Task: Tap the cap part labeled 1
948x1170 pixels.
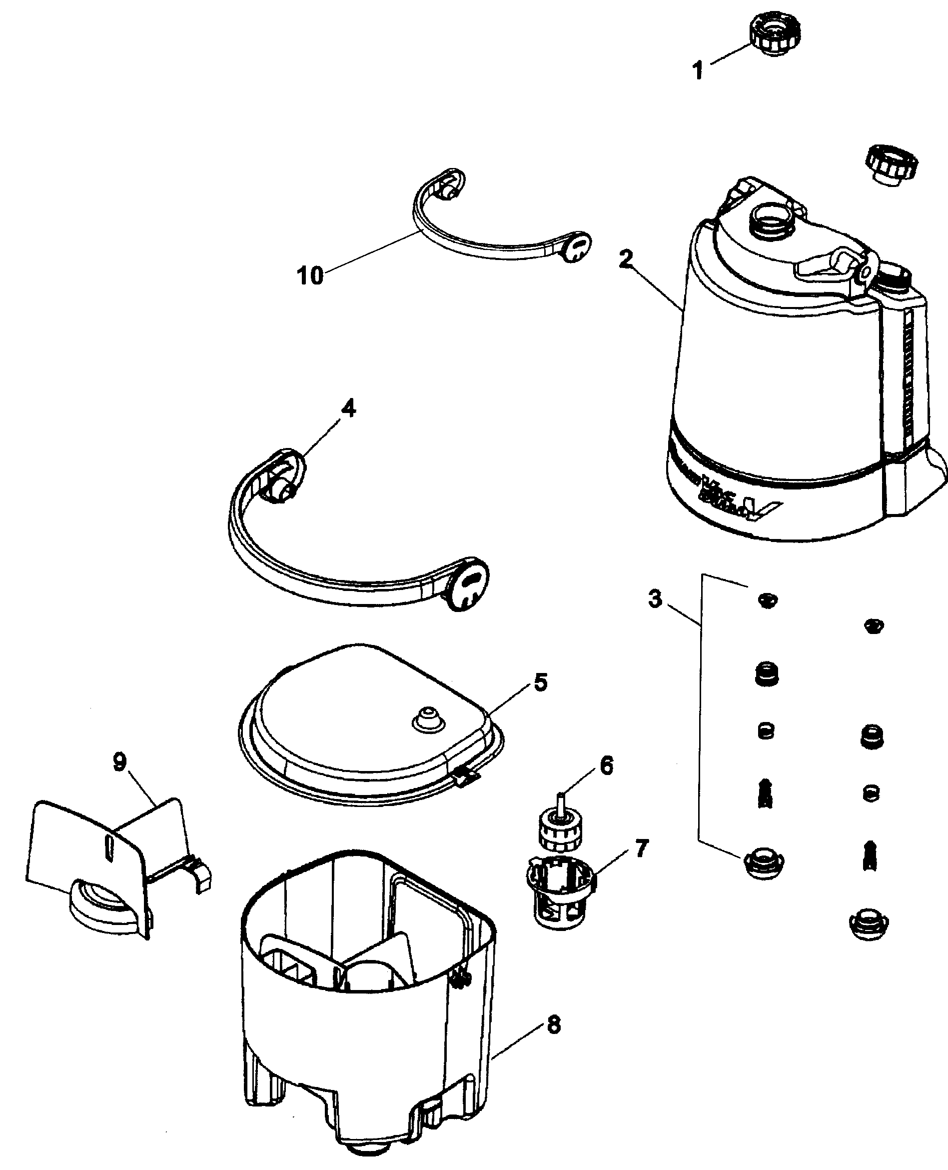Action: [x=776, y=34]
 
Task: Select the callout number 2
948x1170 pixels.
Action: [x=626, y=258]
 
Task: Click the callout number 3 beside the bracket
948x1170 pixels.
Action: [x=655, y=599]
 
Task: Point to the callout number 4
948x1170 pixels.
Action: [x=348, y=408]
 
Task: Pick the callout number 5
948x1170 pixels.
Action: [x=540, y=682]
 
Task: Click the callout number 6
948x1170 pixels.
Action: [x=607, y=766]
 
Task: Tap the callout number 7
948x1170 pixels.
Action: [x=641, y=848]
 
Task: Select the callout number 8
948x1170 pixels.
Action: [x=553, y=1024]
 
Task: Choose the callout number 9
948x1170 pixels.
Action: [x=119, y=762]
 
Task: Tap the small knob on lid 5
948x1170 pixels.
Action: [x=428, y=720]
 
